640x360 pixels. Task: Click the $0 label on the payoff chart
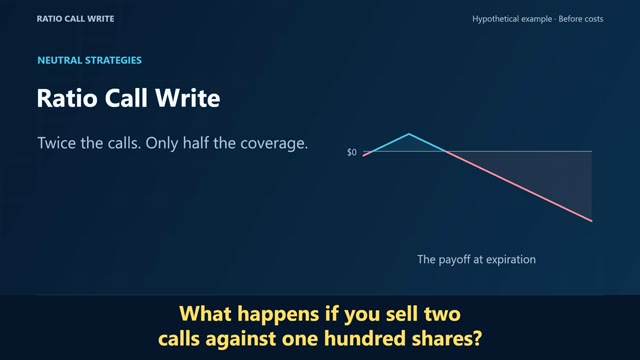point(352,152)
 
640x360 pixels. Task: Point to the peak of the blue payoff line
point(409,134)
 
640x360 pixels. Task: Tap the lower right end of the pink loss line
point(592,221)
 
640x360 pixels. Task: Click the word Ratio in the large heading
point(67,98)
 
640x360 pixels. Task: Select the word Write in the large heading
point(188,98)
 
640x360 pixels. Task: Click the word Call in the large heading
point(126,98)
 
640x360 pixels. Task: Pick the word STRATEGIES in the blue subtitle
point(113,60)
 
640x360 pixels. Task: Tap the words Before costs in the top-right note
point(581,19)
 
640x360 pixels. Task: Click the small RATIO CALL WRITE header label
point(76,19)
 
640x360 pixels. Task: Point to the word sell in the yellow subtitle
point(401,314)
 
